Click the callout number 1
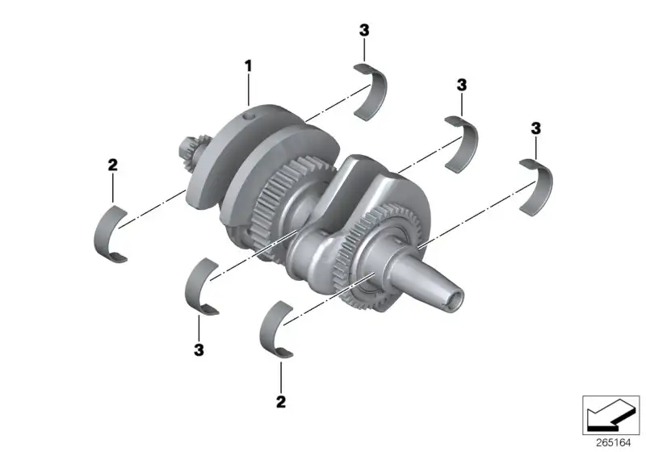[x=248, y=66]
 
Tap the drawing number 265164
[x=614, y=442]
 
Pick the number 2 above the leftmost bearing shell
[x=112, y=165]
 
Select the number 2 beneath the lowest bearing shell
[x=281, y=402]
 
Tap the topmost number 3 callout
[x=364, y=30]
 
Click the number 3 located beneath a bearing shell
[x=199, y=350]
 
